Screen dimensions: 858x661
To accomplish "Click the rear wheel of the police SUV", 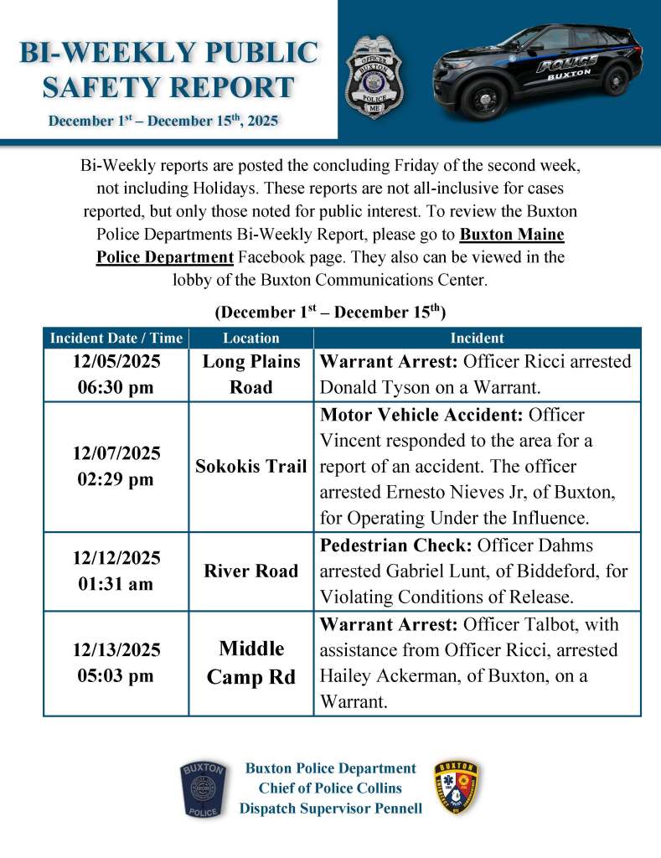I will [x=616, y=79].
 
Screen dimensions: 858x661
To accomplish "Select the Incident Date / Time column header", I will [x=116, y=338].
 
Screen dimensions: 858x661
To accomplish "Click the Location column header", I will [x=251, y=338].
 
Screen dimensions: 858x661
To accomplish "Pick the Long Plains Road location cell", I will [x=251, y=375].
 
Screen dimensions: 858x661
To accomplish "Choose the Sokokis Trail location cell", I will [x=251, y=467].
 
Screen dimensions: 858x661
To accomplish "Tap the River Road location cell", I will [x=251, y=571].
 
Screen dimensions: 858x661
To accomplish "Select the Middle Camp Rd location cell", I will [x=251, y=663].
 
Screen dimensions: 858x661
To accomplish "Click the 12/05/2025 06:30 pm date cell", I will [x=116, y=375].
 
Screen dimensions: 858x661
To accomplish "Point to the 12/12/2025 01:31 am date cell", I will [x=116, y=571].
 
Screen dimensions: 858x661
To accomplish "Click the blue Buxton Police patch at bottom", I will [x=203, y=789].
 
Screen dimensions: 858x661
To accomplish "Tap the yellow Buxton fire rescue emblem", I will [x=457, y=789].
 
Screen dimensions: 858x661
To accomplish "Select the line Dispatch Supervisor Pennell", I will [x=331, y=809].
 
